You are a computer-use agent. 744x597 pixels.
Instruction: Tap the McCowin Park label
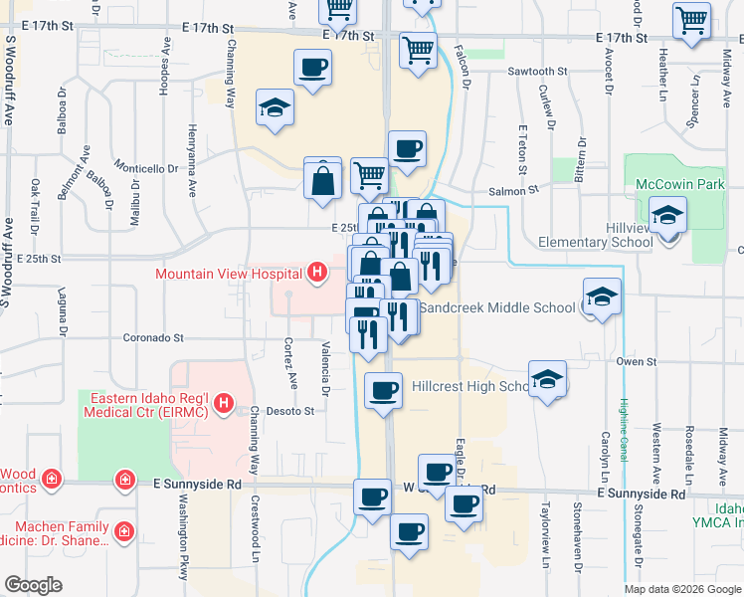point(680,184)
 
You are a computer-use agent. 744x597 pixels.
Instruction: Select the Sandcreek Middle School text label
point(496,307)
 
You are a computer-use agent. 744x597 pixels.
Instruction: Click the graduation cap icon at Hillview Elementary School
point(667,214)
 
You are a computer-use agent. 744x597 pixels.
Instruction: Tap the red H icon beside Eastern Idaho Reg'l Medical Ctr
point(225,403)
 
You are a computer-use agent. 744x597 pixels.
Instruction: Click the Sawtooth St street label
point(537,73)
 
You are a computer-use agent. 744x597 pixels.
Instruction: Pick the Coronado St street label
point(154,338)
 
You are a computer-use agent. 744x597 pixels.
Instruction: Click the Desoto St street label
point(294,410)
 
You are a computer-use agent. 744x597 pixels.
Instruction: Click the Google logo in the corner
point(34,585)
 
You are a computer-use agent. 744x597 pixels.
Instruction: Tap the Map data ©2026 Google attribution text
point(682,589)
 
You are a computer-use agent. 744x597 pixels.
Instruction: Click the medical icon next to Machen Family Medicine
point(125,530)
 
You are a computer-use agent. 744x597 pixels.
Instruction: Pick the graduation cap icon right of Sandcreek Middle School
point(602,297)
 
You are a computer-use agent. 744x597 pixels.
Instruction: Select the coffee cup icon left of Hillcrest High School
point(384,390)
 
